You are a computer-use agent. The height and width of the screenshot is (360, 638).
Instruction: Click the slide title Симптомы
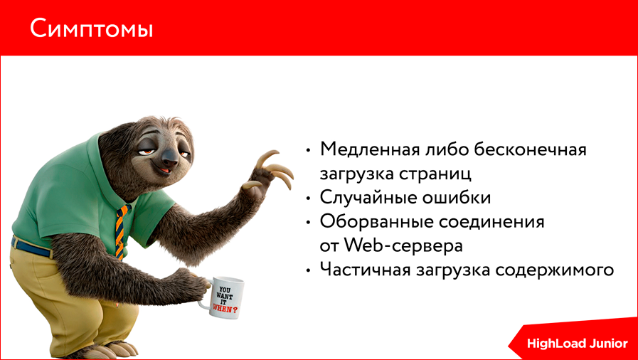pos(91,29)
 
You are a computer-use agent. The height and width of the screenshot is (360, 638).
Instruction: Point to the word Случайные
pos(365,198)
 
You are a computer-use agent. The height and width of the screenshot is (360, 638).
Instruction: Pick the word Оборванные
pos(372,222)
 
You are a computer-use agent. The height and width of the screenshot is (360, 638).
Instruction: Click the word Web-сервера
pos(404,246)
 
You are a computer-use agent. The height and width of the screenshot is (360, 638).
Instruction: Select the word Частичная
pos(363,270)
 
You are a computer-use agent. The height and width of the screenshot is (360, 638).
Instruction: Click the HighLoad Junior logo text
pos(577,344)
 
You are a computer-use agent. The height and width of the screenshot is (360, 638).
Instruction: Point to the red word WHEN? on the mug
pos(228,311)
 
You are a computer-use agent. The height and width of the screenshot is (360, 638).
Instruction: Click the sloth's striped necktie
pos(122,228)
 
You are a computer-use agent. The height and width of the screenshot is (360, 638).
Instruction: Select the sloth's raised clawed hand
pos(270,171)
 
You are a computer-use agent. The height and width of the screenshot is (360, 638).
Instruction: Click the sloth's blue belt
pos(32,248)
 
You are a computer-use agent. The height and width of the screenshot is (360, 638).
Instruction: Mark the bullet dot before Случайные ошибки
pos(308,198)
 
